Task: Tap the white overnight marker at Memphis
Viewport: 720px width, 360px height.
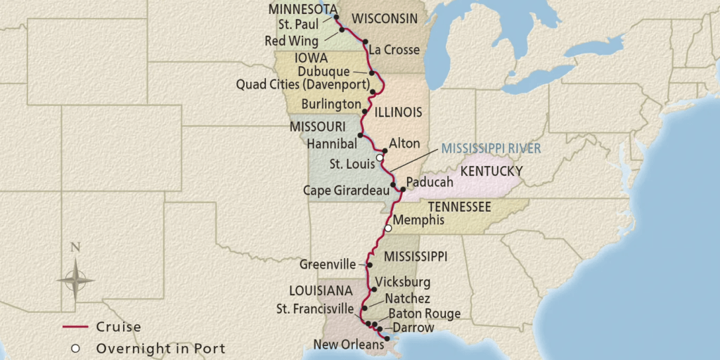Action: [x=387, y=229]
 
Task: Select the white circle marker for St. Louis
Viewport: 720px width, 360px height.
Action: [x=380, y=158]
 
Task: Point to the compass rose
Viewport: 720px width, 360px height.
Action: [x=75, y=279]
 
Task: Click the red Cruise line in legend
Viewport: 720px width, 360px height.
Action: [x=75, y=327]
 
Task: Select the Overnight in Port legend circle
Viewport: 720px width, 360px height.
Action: [x=75, y=348]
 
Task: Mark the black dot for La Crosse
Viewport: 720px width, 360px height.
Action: [x=366, y=43]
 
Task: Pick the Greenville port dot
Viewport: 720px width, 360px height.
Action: [x=370, y=265]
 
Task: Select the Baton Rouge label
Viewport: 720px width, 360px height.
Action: [x=424, y=314]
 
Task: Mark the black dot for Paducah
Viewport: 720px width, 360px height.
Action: [x=402, y=189]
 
